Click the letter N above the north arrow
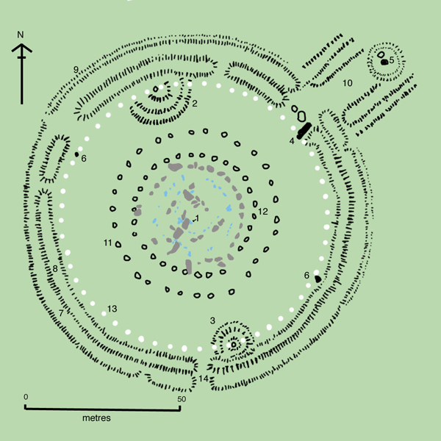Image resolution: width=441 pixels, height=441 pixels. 21,35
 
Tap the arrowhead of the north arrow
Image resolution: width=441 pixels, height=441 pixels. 21,48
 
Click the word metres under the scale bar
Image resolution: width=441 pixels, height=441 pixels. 96,418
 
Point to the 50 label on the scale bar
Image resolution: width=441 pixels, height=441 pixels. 182,399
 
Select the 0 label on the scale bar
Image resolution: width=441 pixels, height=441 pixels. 26,397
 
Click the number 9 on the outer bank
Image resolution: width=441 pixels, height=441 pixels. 76,70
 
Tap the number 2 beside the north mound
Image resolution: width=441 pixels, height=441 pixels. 195,104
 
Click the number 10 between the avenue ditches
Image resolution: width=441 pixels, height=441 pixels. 348,83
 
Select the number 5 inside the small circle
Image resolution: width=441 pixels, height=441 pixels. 392,60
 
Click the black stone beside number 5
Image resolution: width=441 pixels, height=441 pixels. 384,62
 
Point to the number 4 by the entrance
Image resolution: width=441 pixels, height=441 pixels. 292,141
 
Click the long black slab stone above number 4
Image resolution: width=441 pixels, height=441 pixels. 304,131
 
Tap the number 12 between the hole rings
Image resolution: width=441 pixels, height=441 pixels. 263,212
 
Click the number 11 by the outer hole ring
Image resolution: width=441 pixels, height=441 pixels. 108,243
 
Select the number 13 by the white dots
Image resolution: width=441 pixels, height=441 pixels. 112,309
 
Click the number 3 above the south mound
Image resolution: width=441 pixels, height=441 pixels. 212,320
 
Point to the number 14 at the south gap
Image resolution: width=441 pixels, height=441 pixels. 204,379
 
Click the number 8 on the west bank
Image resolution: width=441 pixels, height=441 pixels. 55,268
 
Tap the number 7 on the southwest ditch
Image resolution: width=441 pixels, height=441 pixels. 61,313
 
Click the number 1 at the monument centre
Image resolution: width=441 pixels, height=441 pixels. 197,218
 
